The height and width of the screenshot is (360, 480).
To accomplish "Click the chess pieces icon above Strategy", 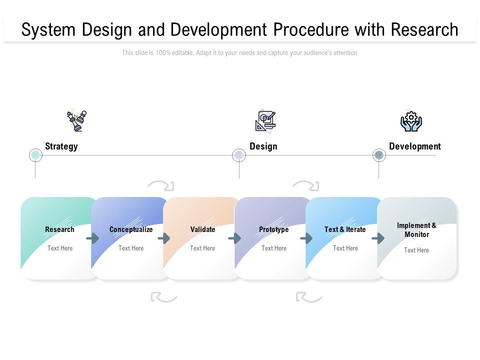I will tap(76, 120).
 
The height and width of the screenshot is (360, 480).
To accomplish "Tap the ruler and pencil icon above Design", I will tap(265, 120).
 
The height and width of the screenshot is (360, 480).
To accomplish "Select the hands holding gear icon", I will tap(411, 121).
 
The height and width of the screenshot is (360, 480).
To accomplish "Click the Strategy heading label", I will tap(61, 146).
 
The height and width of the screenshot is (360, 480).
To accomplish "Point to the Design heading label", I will tap(263, 146).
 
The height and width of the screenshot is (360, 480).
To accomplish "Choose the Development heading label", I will tap(414, 146).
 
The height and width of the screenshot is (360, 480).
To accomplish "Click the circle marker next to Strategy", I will tap(35, 155).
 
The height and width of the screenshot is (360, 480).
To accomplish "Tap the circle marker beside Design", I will tap(239, 155).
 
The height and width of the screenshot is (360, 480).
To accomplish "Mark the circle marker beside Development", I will tap(379, 155).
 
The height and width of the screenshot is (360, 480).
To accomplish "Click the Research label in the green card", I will tap(59, 229).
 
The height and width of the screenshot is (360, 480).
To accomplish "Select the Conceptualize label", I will tap(131, 229).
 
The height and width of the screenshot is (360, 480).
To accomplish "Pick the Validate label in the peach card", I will tap(202, 229).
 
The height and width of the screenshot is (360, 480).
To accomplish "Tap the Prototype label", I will tap(273, 229).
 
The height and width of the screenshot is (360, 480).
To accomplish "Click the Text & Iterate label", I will tap(345, 229).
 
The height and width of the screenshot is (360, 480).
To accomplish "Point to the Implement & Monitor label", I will tap(416, 230).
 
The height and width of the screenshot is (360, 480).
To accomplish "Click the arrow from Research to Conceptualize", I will tap(92, 238).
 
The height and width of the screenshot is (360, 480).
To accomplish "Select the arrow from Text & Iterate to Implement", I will tap(378, 238).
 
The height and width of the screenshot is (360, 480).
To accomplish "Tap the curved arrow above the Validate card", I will tap(161, 186).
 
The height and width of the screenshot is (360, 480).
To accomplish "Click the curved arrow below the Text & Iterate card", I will tap(308, 297).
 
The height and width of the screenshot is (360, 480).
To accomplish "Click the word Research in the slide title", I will tap(424, 30).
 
